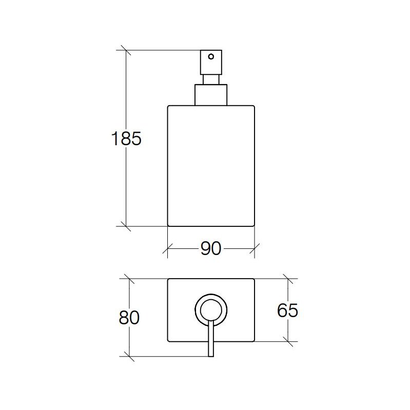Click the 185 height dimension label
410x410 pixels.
point(126,139)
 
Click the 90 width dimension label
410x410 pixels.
point(211,248)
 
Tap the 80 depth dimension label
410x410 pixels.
point(129,318)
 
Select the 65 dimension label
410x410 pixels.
point(287,310)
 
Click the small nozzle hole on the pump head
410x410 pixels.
point(211,56)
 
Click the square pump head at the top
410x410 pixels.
point(211,62)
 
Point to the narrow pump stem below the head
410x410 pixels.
point(211,80)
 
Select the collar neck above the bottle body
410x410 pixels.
point(211,95)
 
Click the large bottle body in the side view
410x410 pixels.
point(211,166)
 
